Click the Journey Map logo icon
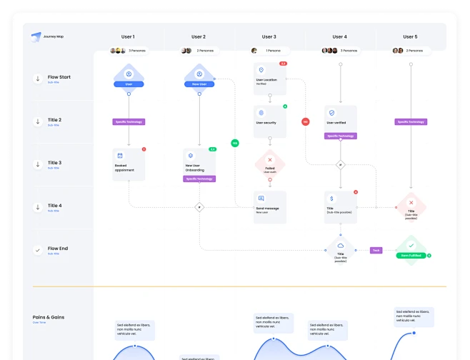point(36,37)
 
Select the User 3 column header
point(269,36)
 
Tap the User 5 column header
point(409,36)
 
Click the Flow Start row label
point(59,77)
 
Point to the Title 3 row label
point(54,163)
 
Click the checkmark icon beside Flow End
point(37,250)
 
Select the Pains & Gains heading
point(49,317)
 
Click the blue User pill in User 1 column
point(129,84)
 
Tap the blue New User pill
point(199,84)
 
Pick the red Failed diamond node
point(270,164)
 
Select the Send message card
point(270,206)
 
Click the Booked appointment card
point(129,164)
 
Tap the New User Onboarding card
point(199,164)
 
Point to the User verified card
point(340,119)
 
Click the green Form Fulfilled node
point(410,251)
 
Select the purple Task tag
point(376,250)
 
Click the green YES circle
point(234,143)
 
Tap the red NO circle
point(305,122)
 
